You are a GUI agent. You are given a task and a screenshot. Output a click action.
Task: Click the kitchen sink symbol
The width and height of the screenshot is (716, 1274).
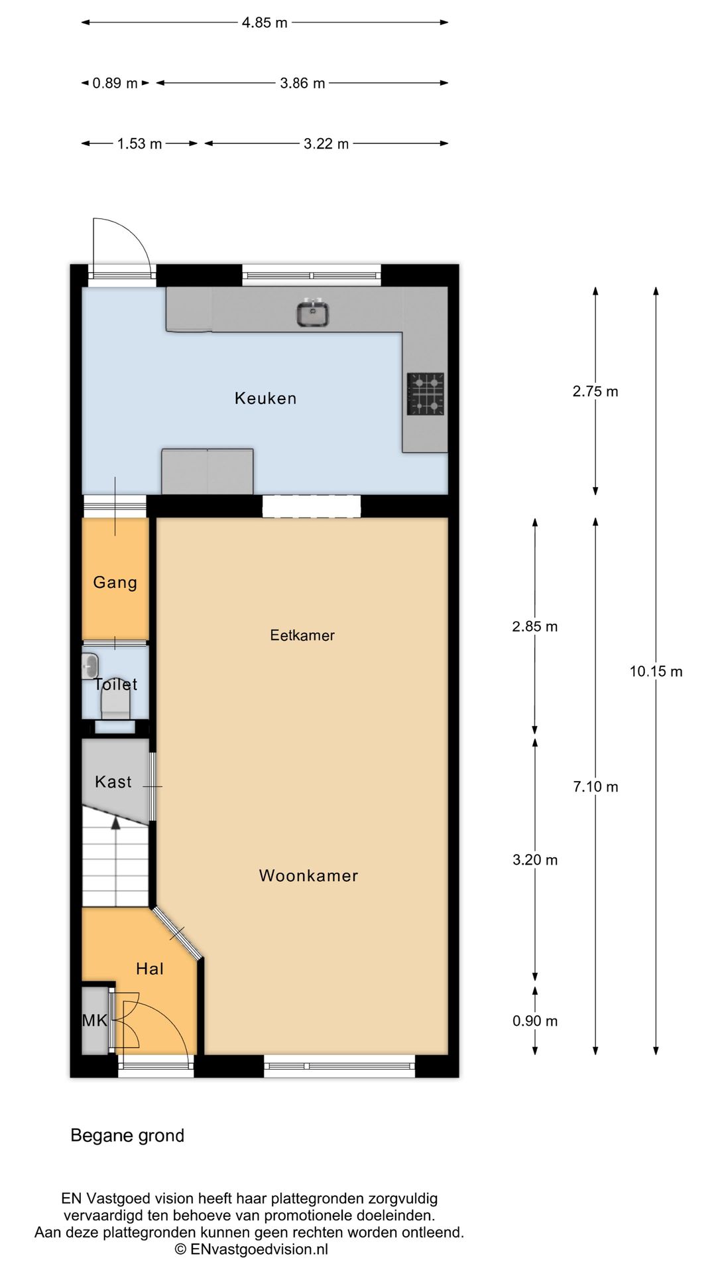coord(313,313)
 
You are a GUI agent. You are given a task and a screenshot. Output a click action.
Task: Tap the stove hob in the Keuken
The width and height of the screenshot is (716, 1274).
coord(426,394)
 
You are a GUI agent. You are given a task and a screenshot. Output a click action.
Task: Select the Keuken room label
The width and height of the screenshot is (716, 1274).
coord(265,398)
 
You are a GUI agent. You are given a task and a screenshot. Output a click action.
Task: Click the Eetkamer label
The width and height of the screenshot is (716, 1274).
coord(302,635)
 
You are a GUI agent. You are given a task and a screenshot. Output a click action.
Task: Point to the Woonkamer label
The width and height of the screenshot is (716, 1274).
coord(308,875)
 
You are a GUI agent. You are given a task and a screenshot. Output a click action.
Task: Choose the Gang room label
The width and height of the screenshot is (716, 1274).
coord(115,583)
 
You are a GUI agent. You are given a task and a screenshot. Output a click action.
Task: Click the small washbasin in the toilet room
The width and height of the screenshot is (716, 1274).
coord(90,666)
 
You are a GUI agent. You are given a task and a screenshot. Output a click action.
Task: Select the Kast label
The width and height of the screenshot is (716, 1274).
coord(113,782)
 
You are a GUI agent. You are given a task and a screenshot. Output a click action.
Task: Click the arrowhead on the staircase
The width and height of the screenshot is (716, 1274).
coord(116,823)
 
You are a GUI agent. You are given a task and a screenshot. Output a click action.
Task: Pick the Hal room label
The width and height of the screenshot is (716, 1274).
coord(150,969)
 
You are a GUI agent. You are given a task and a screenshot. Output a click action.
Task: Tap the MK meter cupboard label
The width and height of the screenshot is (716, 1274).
coord(95,1021)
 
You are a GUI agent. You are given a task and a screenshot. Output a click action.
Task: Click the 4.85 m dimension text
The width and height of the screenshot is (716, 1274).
coord(265,23)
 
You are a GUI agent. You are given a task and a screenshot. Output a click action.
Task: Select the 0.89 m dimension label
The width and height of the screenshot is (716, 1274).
coord(115,83)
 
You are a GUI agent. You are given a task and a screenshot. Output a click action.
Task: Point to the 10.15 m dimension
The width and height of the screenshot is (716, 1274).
coord(656,671)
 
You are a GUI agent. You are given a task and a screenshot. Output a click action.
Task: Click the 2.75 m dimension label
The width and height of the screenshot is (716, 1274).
coord(595,391)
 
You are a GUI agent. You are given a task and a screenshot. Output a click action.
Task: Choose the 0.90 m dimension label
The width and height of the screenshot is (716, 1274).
coord(535,1021)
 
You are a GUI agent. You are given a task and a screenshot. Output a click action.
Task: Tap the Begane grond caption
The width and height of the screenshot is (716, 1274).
coord(127,1135)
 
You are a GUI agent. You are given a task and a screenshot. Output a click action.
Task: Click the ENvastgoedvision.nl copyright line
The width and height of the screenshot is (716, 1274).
coord(251,1249)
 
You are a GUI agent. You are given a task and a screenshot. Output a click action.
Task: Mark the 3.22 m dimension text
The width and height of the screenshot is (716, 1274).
coord(326,143)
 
